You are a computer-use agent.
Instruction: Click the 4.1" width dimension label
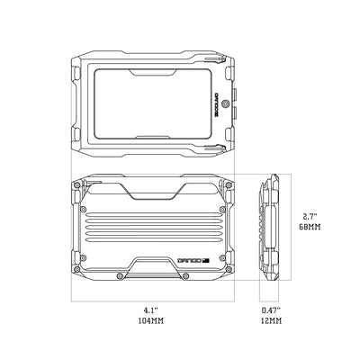[x=151, y=309]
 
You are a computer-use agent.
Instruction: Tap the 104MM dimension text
[x=151, y=320]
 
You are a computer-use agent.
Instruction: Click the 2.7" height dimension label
[x=309, y=217]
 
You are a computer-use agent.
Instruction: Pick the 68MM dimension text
[x=309, y=229]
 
